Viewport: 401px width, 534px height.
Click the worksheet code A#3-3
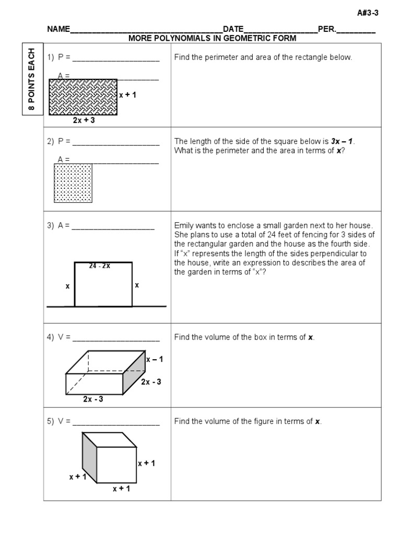367,14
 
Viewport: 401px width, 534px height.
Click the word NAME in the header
58,29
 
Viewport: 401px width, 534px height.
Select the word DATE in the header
233,29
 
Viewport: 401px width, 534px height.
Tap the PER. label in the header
327,29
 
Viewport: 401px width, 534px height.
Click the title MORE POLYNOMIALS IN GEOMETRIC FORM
213,38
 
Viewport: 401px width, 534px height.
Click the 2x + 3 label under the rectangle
84,120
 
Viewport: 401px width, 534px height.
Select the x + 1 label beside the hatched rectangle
127,95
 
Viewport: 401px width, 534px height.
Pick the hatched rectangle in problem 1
83,96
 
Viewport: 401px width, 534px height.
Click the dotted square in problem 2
73,183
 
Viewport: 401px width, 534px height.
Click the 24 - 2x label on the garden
99,266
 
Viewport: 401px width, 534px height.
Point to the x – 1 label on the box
155,359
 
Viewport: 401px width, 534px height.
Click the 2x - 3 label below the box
93,399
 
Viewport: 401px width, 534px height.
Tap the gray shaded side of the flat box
134,377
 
